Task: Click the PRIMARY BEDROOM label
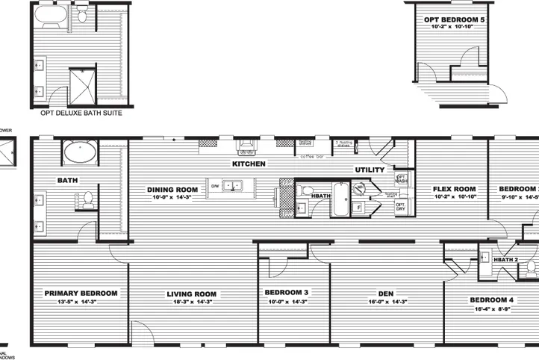point(81,294)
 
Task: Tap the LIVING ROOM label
point(191,294)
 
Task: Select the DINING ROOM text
point(172,190)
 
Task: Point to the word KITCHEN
point(249,164)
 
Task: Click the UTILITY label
point(370,170)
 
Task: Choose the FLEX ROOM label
point(455,189)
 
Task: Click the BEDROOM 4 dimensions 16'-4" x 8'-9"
point(490,308)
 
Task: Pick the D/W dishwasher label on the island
point(214,185)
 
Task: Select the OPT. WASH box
point(400,179)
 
